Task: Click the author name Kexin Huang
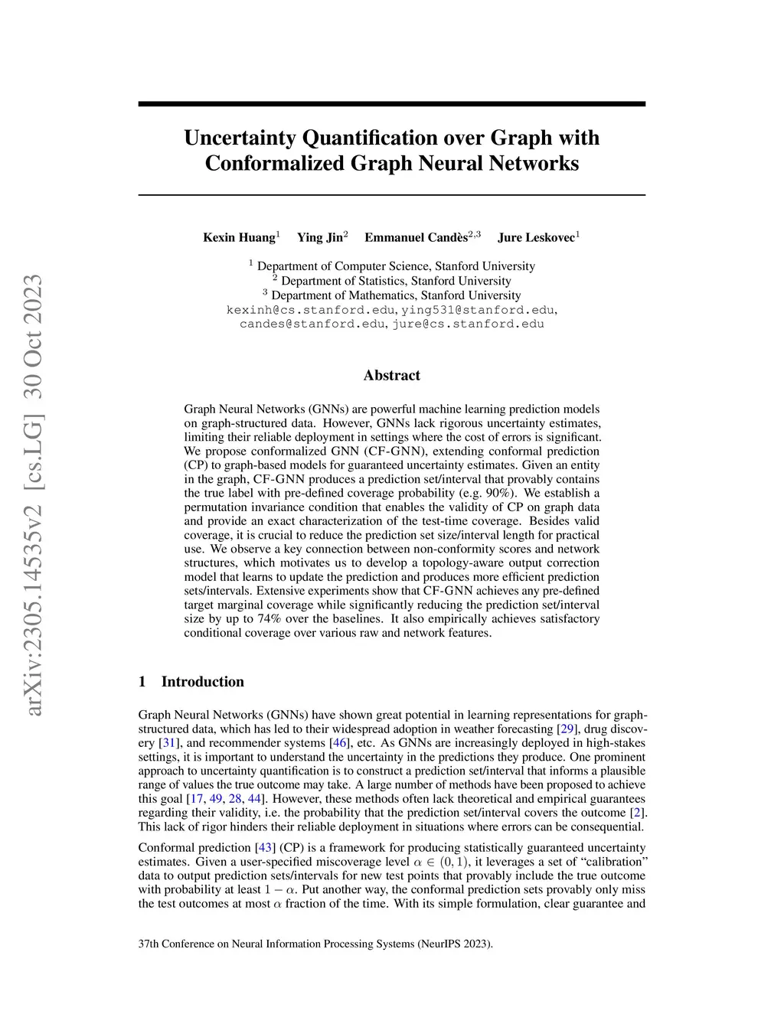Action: (x=239, y=237)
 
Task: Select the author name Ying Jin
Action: (x=320, y=237)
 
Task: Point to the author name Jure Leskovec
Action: (x=536, y=237)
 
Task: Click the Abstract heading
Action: (x=391, y=375)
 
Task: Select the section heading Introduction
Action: (x=202, y=682)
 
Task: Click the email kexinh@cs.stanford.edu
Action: (x=311, y=310)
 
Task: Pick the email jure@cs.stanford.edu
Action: (x=469, y=324)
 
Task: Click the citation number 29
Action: (x=567, y=729)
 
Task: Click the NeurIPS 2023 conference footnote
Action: (x=315, y=944)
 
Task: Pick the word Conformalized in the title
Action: (x=276, y=163)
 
